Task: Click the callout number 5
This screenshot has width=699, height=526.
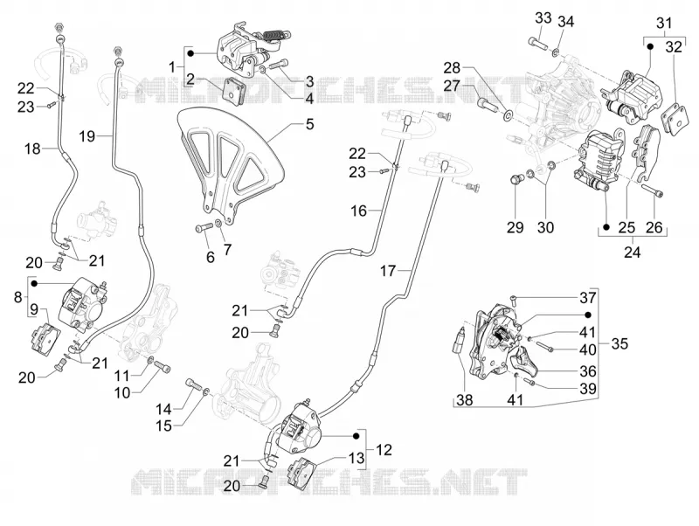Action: click(310, 124)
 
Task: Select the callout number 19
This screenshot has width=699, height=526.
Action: click(87, 135)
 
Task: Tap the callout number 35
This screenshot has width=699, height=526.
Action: click(619, 343)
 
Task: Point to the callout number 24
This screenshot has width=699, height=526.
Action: click(632, 253)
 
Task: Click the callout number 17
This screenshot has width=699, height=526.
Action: click(388, 270)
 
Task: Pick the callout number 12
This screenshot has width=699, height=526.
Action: click(384, 450)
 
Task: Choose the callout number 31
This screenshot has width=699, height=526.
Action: click(664, 23)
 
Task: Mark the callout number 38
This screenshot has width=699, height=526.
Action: click(465, 399)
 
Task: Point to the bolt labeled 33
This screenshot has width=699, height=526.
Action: click(537, 44)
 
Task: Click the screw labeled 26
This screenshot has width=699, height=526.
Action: click(653, 190)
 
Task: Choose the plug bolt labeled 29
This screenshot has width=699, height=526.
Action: click(515, 181)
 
